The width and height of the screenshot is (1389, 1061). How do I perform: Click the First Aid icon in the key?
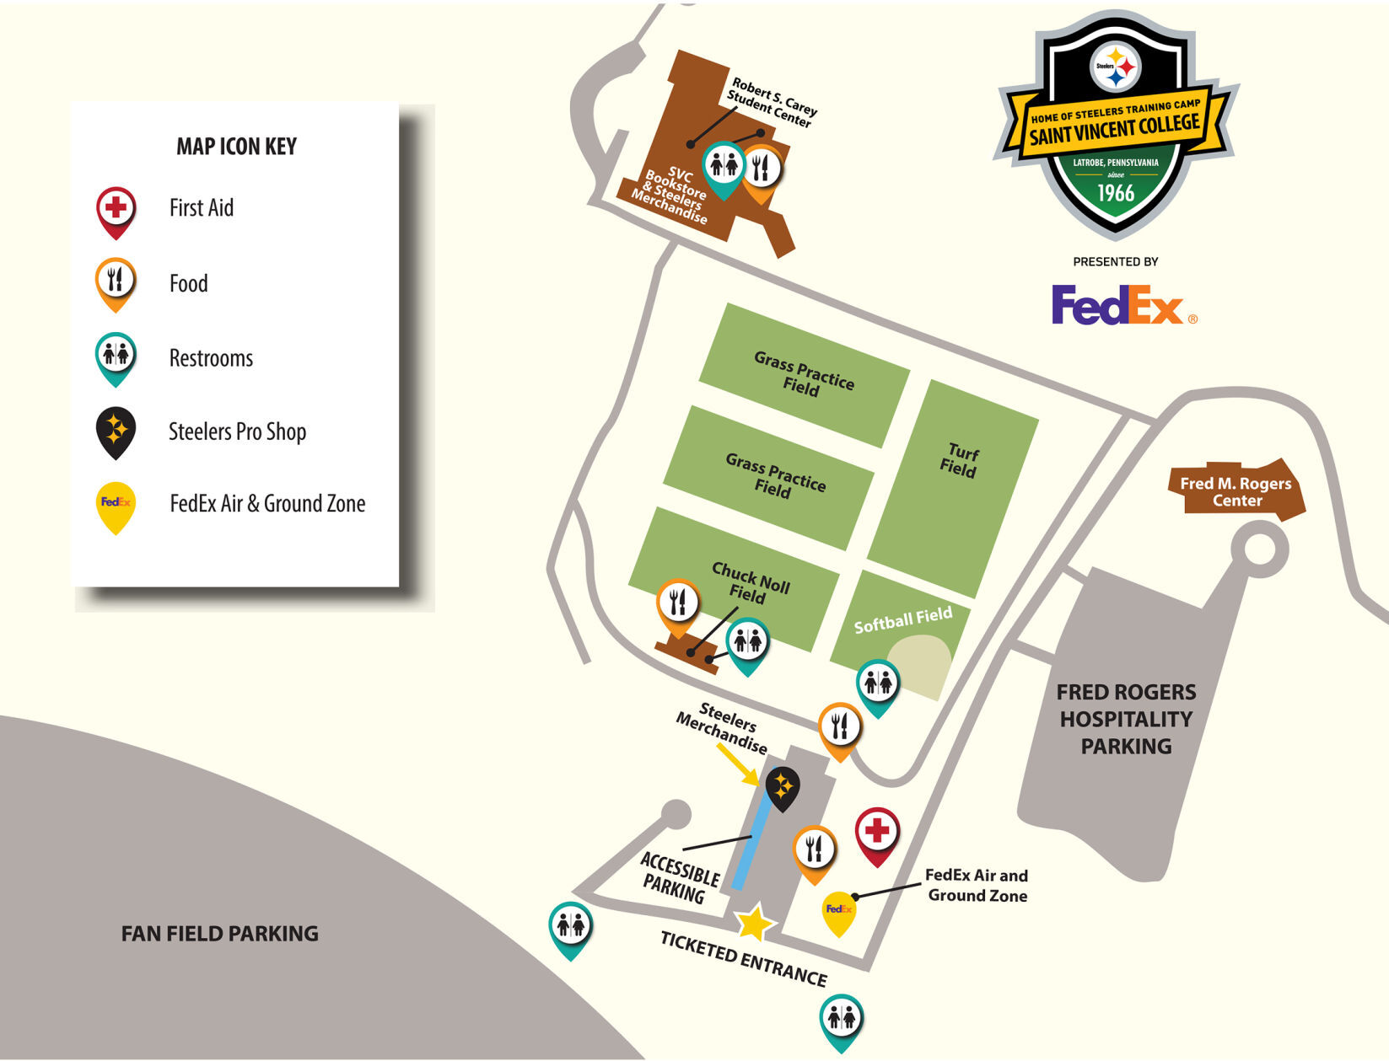[116, 208]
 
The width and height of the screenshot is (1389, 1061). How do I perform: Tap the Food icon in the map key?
[116, 281]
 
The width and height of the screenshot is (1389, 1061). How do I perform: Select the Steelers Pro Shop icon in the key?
[116, 431]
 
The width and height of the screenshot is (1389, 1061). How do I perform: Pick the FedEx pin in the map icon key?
[116, 505]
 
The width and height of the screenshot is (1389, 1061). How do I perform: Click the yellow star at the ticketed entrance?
[754, 923]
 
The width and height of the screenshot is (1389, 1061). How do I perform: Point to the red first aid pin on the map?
[877, 833]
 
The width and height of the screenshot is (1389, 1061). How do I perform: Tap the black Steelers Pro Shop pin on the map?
[782, 787]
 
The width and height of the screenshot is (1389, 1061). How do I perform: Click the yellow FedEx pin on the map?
[839, 910]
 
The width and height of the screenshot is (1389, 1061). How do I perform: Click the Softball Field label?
[902, 620]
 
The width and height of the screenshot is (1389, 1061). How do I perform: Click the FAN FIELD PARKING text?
[219, 934]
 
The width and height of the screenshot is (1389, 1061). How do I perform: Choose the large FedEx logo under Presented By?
[1119, 305]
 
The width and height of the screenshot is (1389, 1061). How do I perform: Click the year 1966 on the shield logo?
[1115, 193]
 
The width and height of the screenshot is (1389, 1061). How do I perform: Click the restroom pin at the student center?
[723, 166]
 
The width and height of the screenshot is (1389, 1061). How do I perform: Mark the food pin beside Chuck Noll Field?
[677, 603]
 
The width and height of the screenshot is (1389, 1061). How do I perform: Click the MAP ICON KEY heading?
[236, 147]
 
